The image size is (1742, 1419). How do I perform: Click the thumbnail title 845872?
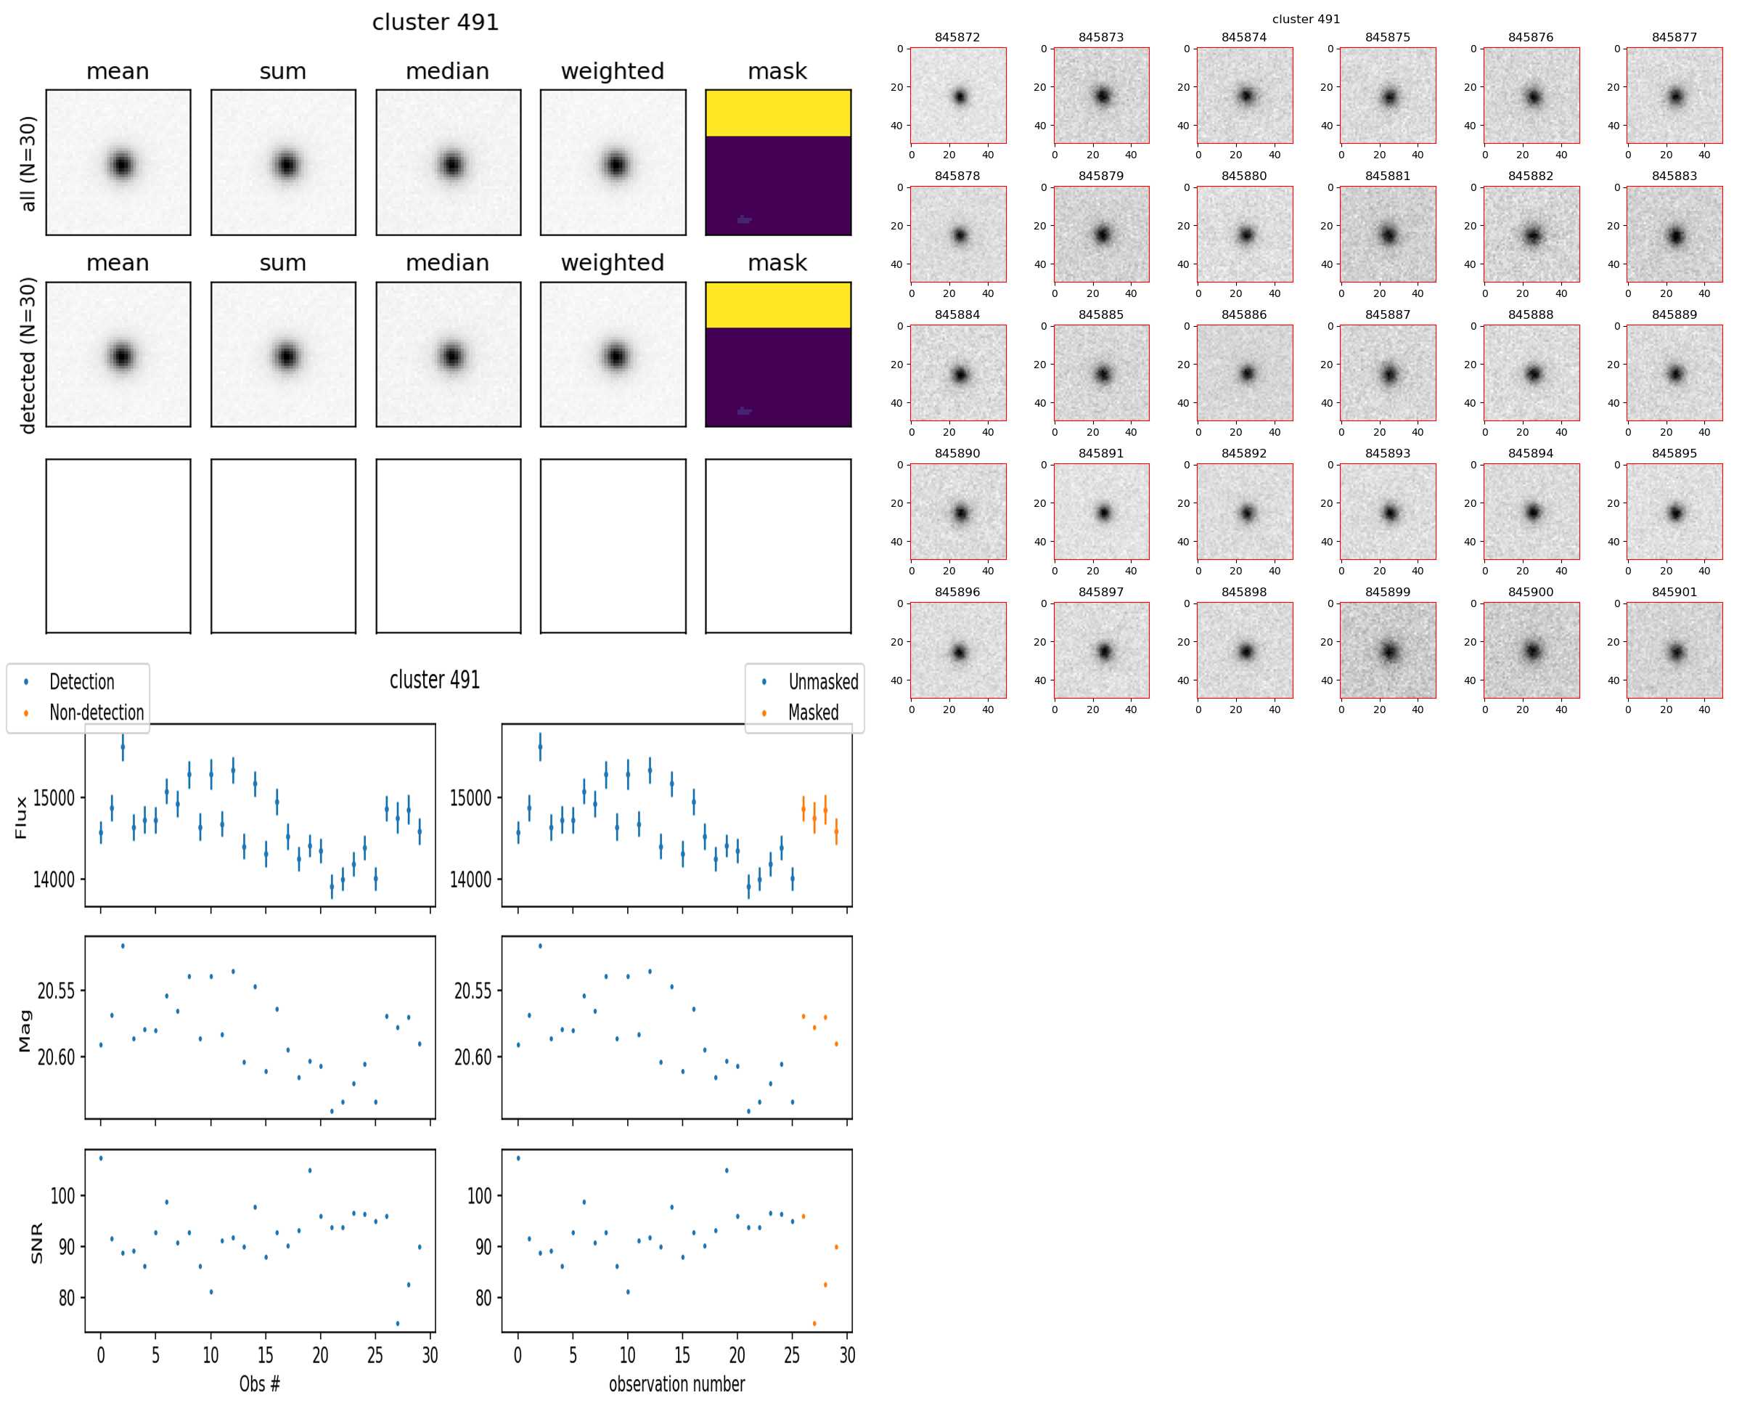[x=957, y=38]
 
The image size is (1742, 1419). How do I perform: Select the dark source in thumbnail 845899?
[x=1389, y=651]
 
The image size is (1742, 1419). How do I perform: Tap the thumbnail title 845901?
[x=1674, y=592]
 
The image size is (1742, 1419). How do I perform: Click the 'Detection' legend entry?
[x=82, y=682]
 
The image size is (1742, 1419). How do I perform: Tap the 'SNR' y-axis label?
[x=37, y=1243]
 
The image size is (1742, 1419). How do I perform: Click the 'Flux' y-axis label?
[x=21, y=818]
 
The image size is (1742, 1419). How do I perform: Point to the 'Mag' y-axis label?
[x=25, y=1030]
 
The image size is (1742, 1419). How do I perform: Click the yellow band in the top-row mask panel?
[x=778, y=113]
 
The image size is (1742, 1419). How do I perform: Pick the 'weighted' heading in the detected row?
[x=612, y=263]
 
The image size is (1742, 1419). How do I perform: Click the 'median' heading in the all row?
[x=447, y=72]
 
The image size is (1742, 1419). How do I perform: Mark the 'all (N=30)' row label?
[x=28, y=163]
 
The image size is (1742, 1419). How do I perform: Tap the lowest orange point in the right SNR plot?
[x=814, y=1323]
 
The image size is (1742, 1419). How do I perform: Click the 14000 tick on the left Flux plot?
[x=54, y=879]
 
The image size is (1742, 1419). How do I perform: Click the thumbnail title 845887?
[x=1387, y=314]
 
